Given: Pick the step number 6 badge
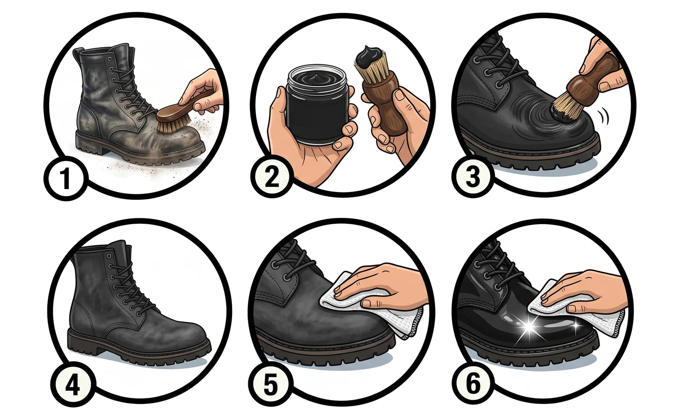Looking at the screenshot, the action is pos(473,383).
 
